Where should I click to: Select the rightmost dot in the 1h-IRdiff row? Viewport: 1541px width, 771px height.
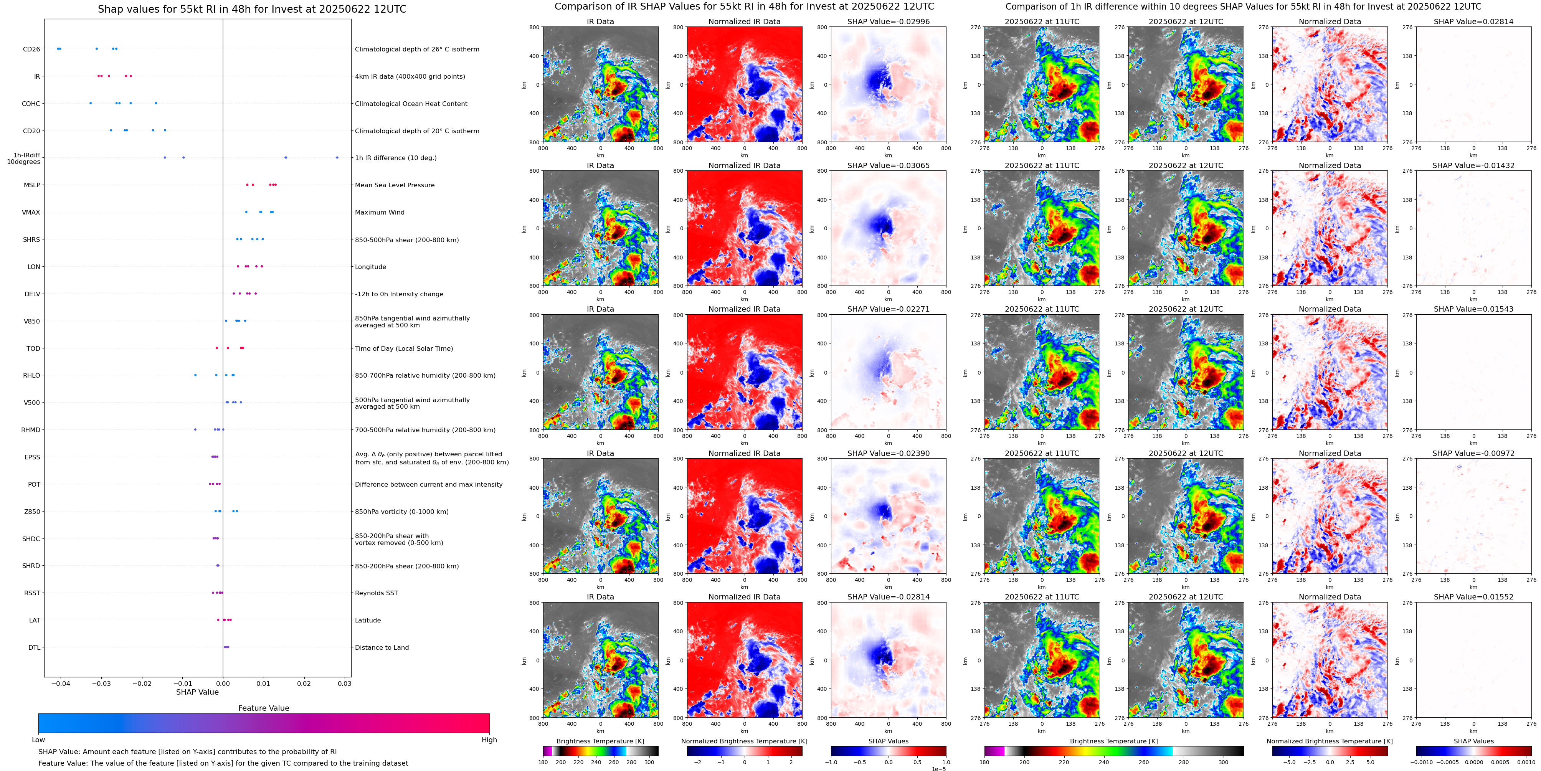click(x=337, y=158)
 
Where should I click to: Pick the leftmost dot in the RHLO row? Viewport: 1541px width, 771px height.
click(x=195, y=375)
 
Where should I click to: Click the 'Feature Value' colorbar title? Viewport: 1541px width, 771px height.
click(x=263, y=708)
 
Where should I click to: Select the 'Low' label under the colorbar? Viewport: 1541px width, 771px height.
click(x=38, y=740)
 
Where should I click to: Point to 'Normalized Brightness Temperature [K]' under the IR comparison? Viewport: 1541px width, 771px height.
click(x=744, y=741)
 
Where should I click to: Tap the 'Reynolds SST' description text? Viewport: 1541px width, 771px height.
click(x=376, y=593)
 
